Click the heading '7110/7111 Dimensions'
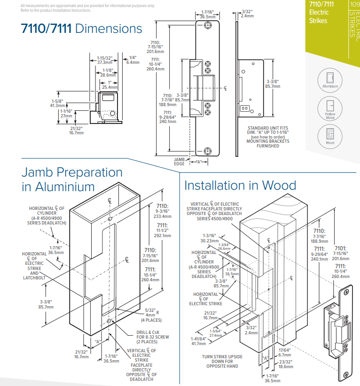coord(82,29)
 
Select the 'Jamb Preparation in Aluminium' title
coord(72,179)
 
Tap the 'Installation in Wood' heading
coord(240,185)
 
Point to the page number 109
coord(354,4)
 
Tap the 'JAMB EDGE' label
coord(180,162)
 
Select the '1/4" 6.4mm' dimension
coord(133,60)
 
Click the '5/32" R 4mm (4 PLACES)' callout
coord(151,315)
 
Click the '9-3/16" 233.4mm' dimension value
coord(163,214)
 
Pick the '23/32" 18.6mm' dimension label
coord(285,364)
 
